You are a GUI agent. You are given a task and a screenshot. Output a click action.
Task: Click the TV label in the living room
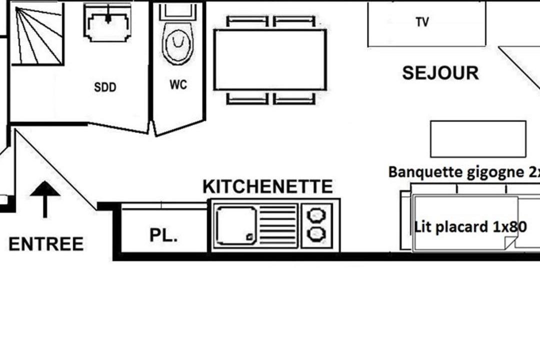[x=422, y=22]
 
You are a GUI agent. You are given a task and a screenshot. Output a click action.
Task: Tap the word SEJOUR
[x=440, y=73]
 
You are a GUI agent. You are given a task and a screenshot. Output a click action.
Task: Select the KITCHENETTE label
[x=267, y=186]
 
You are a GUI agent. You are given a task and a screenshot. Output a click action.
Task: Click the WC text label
[x=178, y=84]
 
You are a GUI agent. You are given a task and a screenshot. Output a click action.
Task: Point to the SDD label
[x=105, y=87]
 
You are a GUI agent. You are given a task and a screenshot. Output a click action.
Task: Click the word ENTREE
[x=46, y=244]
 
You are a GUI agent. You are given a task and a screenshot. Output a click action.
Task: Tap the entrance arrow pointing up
[x=45, y=199]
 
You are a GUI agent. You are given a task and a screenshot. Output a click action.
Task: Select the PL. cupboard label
[x=163, y=235]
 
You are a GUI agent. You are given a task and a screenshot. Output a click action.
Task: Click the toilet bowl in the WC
[x=178, y=43]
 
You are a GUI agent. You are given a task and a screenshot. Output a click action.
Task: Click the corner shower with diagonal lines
[x=38, y=34]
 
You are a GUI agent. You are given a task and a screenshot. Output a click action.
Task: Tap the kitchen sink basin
[x=236, y=225]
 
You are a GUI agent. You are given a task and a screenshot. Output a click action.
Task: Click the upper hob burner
[x=316, y=215]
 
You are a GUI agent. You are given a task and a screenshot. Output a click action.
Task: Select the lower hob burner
[x=316, y=234]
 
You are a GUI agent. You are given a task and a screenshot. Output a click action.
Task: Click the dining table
[x=270, y=60]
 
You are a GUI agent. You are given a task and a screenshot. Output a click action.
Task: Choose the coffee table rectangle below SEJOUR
[x=478, y=139]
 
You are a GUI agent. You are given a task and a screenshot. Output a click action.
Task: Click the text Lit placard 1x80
[x=470, y=227]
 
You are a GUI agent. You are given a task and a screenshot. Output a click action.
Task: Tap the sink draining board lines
[x=278, y=225]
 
